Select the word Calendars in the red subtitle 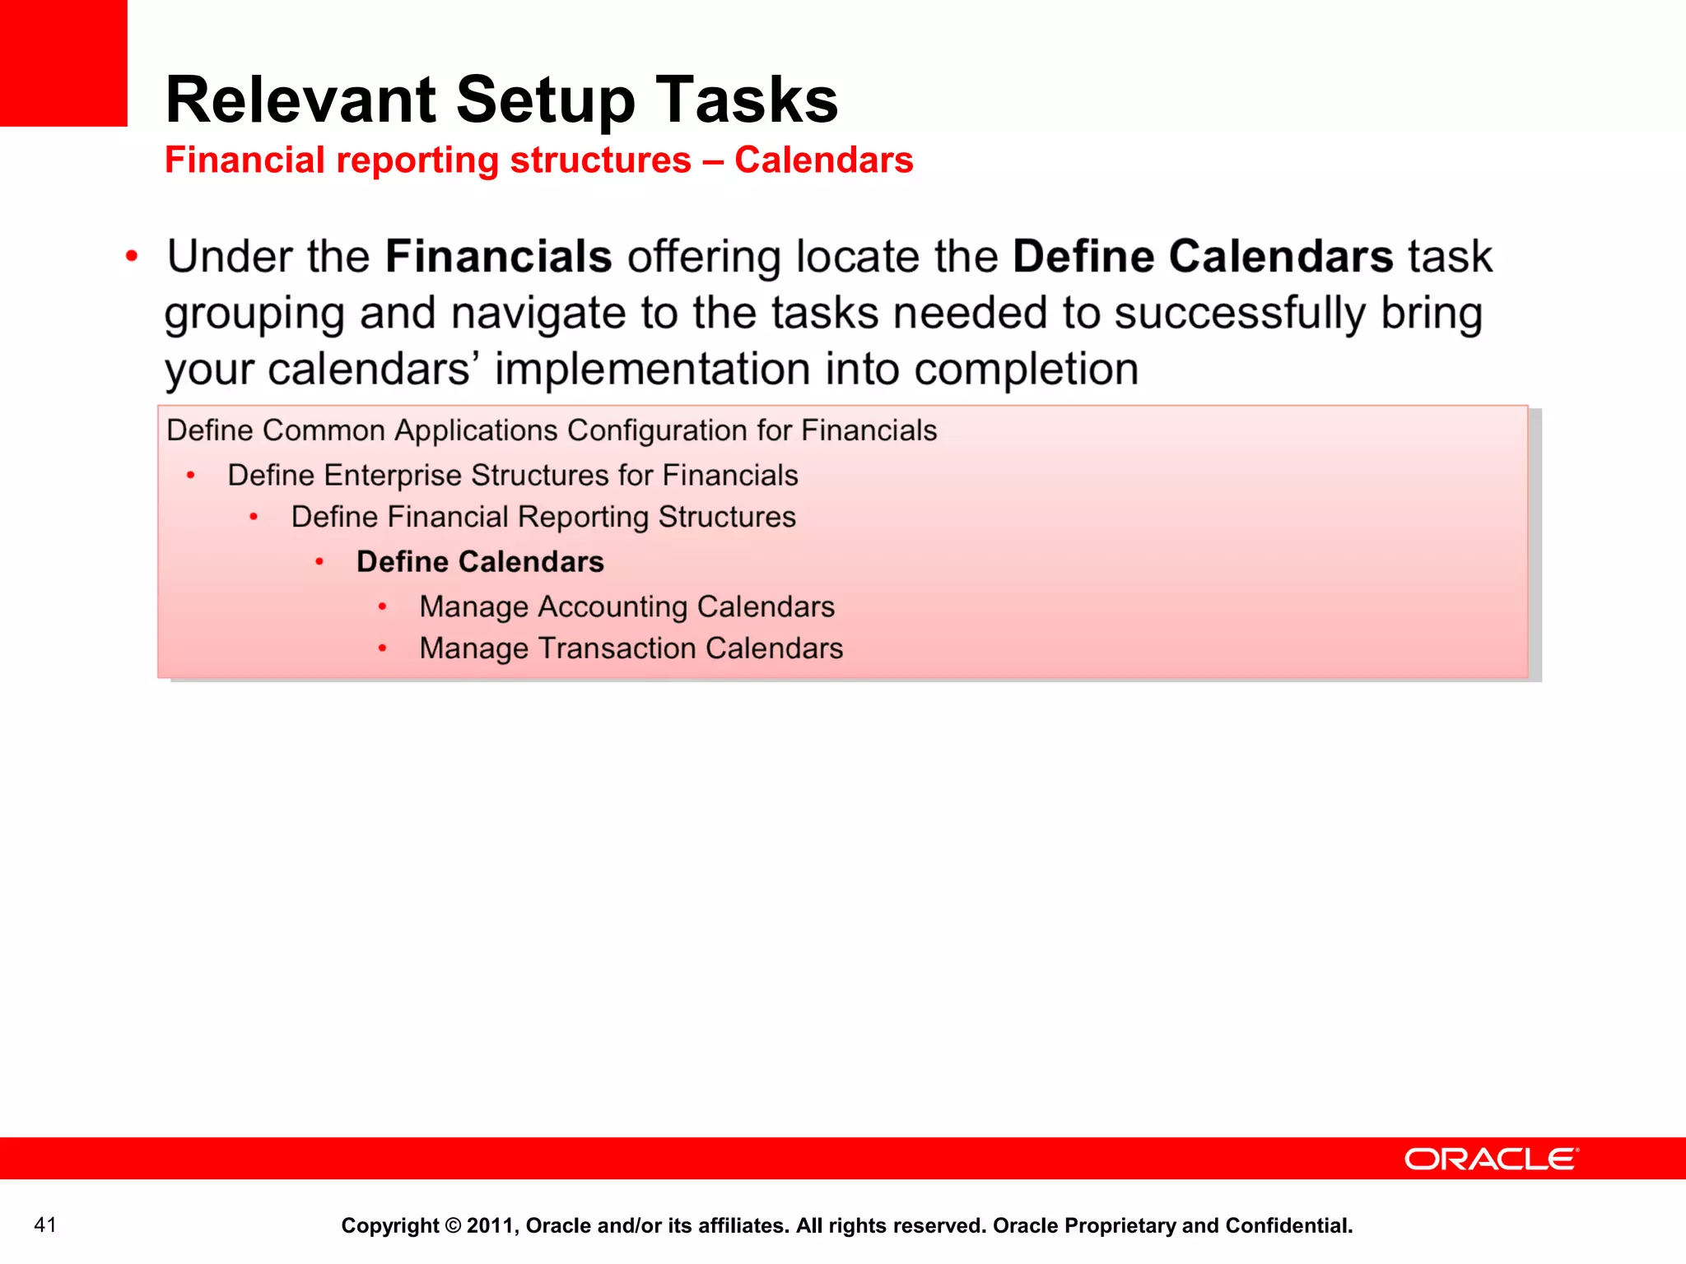coord(823,160)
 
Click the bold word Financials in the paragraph coord(499,257)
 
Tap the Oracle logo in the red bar coord(1491,1159)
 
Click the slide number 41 coord(45,1224)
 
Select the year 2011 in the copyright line coord(489,1225)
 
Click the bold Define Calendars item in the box coord(480,562)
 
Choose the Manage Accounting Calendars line coord(626,607)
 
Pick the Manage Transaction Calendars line coord(631,648)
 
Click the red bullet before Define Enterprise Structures coord(191,476)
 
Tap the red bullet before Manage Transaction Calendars coord(383,648)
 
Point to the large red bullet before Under coord(132,257)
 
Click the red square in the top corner coord(63,63)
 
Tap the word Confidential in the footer coord(1288,1225)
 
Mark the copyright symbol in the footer coord(453,1225)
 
